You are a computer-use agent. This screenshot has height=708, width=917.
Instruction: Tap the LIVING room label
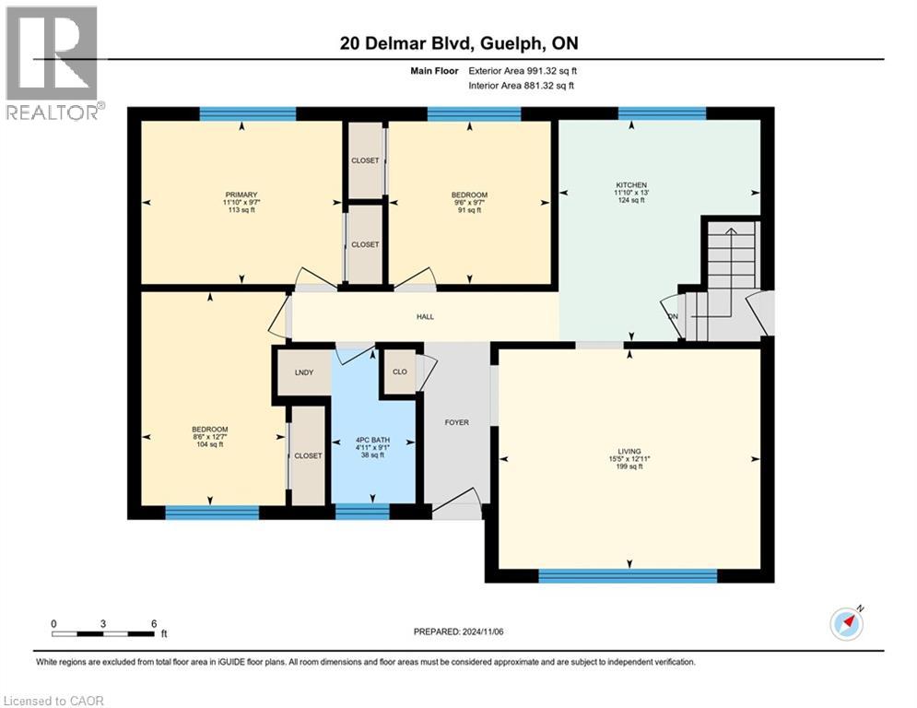(x=629, y=451)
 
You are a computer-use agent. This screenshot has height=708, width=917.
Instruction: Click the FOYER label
(x=456, y=422)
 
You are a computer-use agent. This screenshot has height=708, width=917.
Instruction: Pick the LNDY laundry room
(x=303, y=372)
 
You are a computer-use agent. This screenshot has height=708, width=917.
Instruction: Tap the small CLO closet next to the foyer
(x=400, y=372)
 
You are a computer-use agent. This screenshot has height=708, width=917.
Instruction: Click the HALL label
(x=424, y=316)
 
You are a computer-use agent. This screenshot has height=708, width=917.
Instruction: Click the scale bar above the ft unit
(x=103, y=633)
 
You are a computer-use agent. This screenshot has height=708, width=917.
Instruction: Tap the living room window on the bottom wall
(x=627, y=576)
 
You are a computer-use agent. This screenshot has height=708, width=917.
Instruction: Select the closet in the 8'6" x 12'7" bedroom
(x=308, y=455)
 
